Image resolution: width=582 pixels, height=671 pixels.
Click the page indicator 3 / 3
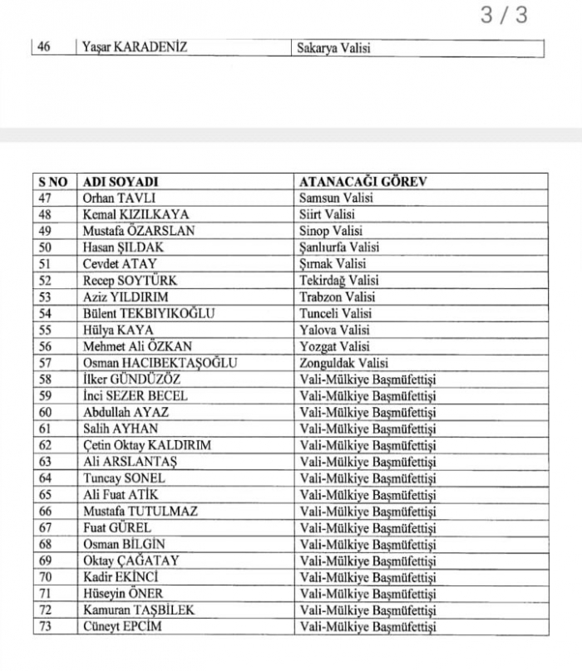click(504, 16)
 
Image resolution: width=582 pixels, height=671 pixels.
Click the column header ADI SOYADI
click(121, 182)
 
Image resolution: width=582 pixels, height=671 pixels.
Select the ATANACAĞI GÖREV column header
click(363, 182)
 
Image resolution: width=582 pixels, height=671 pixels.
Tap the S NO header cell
click(52, 182)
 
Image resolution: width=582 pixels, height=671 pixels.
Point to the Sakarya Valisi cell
click(333, 47)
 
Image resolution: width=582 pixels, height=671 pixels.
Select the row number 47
click(46, 198)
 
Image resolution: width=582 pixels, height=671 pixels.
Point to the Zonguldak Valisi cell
click(343, 363)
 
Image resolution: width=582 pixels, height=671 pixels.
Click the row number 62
click(46, 444)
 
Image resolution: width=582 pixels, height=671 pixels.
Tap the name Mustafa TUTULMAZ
click(141, 511)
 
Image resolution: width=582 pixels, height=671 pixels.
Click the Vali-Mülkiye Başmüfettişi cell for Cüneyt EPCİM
click(367, 626)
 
